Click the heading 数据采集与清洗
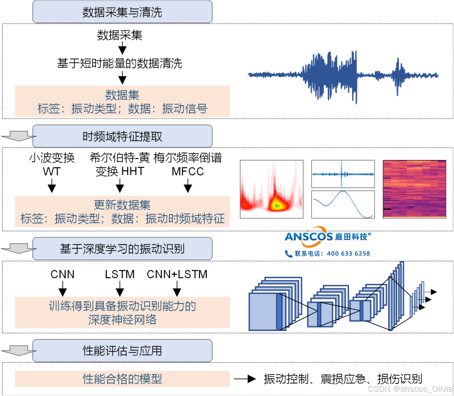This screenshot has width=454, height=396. [x=122, y=12]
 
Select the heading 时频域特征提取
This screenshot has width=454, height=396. [x=122, y=137]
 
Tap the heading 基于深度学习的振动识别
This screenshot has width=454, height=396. [x=122, y=249]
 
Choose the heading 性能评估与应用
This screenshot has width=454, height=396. [x=122, y=351]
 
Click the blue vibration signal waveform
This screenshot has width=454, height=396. [x=343, y=75]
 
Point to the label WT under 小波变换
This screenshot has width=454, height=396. [x=52, y=171]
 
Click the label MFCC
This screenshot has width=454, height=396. [x=187, y=171]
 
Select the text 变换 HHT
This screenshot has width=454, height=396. [x=120, y=171]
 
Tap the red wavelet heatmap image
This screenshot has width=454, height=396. [x=272, y=189]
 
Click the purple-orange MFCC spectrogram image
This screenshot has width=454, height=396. [x=414, y=189]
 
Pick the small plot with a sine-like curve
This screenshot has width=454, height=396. [x=343, y=205]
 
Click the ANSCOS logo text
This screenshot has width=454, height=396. [x=309, y=237]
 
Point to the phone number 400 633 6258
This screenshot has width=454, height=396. [x=348, y=253]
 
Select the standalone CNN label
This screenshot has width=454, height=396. [x=63, y=274]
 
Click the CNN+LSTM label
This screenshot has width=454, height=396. [x=177, y=274]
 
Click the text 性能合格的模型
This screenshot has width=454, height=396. [x=122, y=379]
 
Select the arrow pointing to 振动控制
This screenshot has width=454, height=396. [x=245, y=379]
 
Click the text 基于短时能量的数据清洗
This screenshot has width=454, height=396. [x=120, y=64]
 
